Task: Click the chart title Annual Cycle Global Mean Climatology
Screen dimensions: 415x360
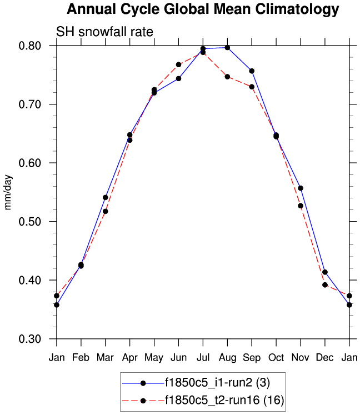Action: click(202, 9)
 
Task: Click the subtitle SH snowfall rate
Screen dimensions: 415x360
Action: click(104, 32)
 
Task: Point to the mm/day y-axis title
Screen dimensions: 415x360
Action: click(8, 192)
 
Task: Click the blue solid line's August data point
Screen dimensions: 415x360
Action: click(227, 48)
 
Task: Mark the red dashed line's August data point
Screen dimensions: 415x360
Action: click(227, 77)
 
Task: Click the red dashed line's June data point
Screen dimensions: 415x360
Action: click(178, 64)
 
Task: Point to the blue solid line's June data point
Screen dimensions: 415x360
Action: click(178, 78)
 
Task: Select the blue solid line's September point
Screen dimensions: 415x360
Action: click(252, 71)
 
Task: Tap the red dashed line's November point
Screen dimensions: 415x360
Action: click(301, 206)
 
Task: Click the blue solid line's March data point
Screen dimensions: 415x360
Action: click(105, 197)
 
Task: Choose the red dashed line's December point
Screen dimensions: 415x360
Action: click(325, 284)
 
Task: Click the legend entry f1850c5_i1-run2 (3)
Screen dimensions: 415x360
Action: click(216, 383)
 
